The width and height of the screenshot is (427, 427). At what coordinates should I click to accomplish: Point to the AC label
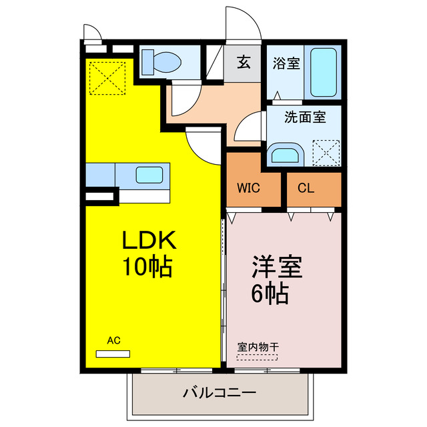point(113,340)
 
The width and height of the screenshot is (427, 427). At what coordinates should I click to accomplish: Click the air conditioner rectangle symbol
point(113,353)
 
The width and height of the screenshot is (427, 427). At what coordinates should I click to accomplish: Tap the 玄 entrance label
point(244,64)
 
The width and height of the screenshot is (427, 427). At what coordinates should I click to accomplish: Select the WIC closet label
point(248,188)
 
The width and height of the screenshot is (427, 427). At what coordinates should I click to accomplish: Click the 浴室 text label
point(287,64)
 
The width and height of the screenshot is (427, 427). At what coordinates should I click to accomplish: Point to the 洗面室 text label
point(305,117)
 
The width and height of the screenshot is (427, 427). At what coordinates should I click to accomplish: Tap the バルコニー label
point(220,393)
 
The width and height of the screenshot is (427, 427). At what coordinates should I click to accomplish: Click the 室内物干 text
point(258,346)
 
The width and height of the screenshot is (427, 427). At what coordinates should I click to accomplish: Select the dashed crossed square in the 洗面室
point(326,152)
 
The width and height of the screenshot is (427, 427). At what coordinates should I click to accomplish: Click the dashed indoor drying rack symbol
point(258,356)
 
